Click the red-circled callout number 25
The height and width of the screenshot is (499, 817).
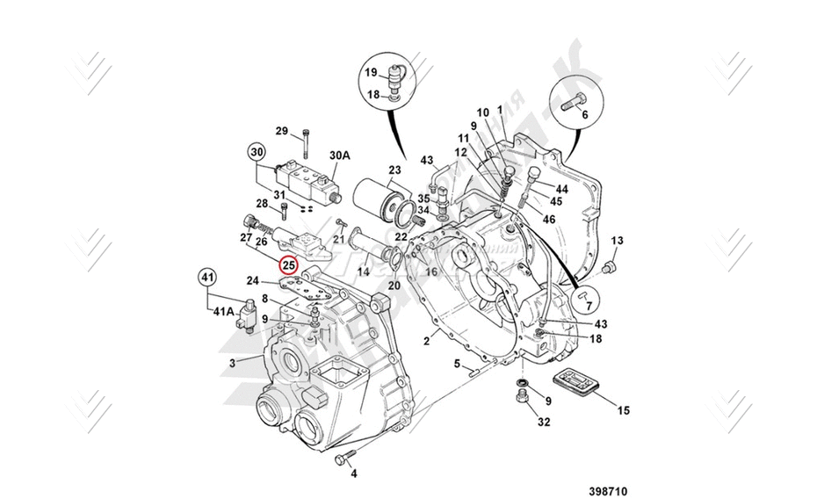click(x=289, y=264)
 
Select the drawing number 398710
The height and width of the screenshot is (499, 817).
click(x=608, y=491)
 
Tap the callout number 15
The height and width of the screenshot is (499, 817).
click(x=623, y=409)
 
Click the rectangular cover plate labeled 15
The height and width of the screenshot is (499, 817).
click(x=575, y=385)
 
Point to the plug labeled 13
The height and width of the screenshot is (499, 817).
click(x=611, y=264)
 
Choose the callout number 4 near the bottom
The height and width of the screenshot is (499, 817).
click(x=354, y=474)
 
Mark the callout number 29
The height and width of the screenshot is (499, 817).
click(x=281, y=132)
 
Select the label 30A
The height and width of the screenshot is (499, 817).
click(x=340, y=155)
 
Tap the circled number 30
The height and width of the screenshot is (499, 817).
click(x=256, y=150)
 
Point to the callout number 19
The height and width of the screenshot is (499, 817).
click(x=371, y=72)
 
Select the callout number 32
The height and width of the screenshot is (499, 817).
click(x=544, y=422)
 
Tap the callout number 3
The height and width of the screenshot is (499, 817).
click(x=232, y=362)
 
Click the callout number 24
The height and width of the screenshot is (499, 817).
click(x=252, y=281)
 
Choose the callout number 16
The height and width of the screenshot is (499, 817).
click(x=431, y=272)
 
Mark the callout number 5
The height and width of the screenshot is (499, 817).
click(x=456, y=363)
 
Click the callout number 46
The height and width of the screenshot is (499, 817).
click(x=550, y=219)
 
